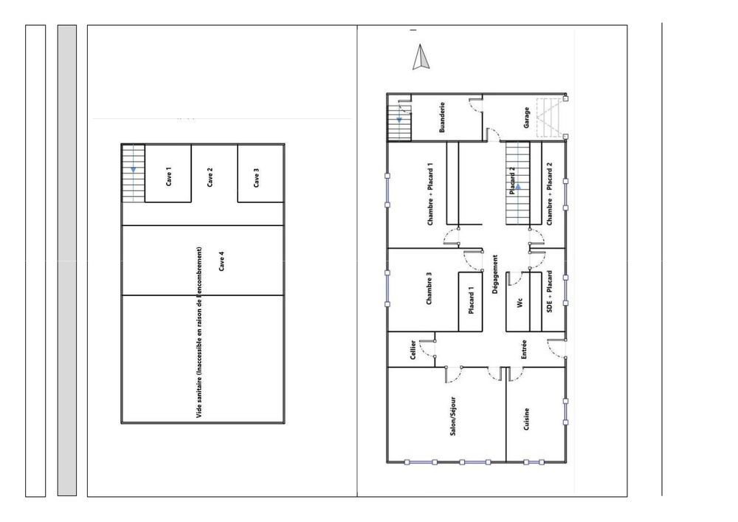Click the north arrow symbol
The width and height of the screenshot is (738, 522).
point(421,58)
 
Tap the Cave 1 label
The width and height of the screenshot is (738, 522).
point(169,177)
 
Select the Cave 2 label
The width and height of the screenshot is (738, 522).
point(210,177)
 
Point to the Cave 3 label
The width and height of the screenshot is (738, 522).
point(256,178)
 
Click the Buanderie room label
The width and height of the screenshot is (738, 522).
point(442,117)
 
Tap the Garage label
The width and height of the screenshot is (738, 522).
point(526,118)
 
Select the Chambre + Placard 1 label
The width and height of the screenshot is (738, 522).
point(430,194)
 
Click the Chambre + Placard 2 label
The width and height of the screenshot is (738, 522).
point(550,194)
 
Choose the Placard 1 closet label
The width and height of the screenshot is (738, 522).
point(472,302)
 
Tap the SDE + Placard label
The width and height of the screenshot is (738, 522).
point(550,293)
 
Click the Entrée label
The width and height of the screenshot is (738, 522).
point(523,349)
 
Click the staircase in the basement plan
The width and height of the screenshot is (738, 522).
point(133,174)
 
